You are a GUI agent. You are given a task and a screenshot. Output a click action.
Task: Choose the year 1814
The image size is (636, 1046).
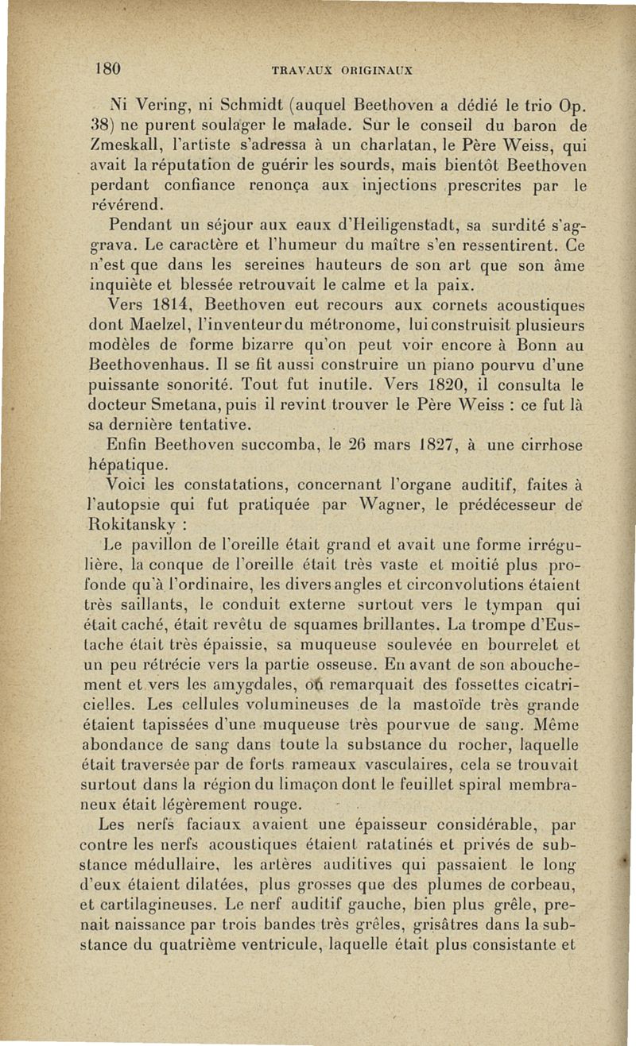[173, 304]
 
